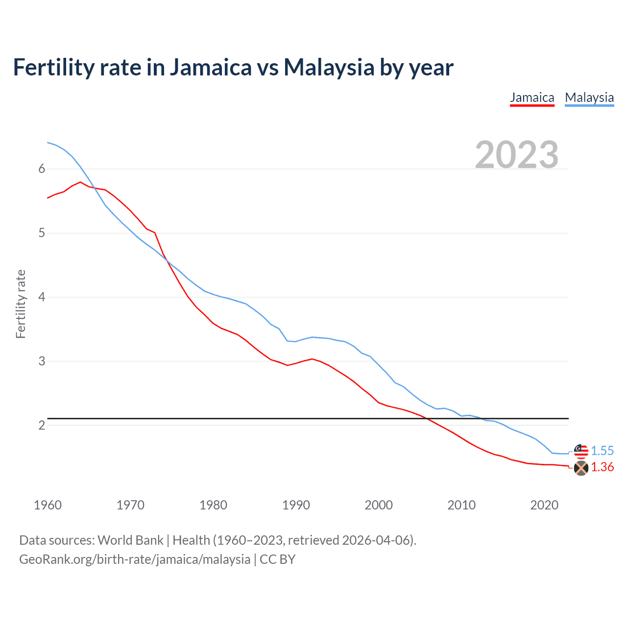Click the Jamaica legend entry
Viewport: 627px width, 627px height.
tap(532, 98)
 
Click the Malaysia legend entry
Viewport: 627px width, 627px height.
tap(589, 98)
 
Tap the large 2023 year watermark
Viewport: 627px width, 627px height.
tap(517, 155)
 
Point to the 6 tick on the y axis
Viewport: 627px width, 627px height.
tap(42, 169)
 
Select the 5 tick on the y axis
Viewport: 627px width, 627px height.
tap(42, 233)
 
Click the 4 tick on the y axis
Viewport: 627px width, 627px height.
tap(42, 297)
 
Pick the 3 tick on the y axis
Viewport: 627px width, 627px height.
tap(42, 362)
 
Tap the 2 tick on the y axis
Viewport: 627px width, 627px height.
tap(42, 425)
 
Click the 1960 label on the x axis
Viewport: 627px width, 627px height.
tap(48, 505)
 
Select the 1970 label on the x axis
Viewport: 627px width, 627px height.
tap(130, 505)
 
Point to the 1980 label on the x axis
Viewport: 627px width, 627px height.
tap(213, 505)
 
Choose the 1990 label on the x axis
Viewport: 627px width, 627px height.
tap(296, 505)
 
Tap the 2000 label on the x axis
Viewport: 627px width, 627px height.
tap(379, 505)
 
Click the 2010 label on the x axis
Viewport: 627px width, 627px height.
tap(461, 505)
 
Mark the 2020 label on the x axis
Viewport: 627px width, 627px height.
tap(544, 505)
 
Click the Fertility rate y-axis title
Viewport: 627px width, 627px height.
tap(21, 304)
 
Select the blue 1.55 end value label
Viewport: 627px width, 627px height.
tap(602, 451)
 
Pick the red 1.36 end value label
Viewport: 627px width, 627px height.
tap(602, 467)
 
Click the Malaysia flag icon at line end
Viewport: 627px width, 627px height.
tap(581, 451)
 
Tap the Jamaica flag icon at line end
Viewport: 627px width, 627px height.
tap(581, 468)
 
